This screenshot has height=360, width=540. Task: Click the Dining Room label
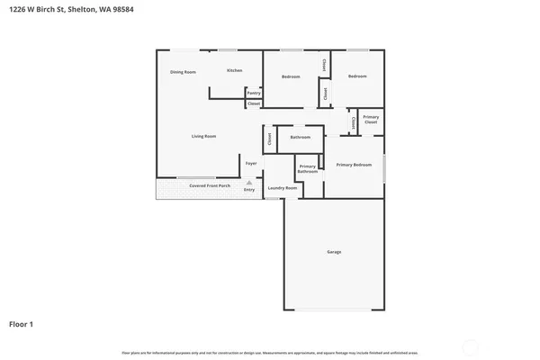tap(184, 72)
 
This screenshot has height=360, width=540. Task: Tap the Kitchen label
tap(234, 70)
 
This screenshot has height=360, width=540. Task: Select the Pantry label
tap(254, 93)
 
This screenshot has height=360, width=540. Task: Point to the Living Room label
tap(203, 136)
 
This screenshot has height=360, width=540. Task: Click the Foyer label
tap(250, 163)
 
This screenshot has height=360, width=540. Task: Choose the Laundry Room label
tap(282, 187)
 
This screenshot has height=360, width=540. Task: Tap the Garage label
tap(334, 252)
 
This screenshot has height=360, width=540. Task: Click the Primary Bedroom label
tap(354, 165)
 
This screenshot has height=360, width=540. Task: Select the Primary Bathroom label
tap(308, 168)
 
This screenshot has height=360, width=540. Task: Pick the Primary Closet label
tap(371, 119)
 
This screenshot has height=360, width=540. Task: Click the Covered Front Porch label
tap(209, 186)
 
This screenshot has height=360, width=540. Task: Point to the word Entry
tap(249, 190)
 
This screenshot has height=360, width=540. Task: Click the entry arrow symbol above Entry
tap(249, 182)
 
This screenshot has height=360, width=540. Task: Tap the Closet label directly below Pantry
tap(254, 104)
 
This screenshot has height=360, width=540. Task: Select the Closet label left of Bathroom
tap(269, 138)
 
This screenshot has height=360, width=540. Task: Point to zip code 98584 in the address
tap(118, 11)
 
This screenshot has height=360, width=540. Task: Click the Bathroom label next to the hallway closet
tap(300, 137)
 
